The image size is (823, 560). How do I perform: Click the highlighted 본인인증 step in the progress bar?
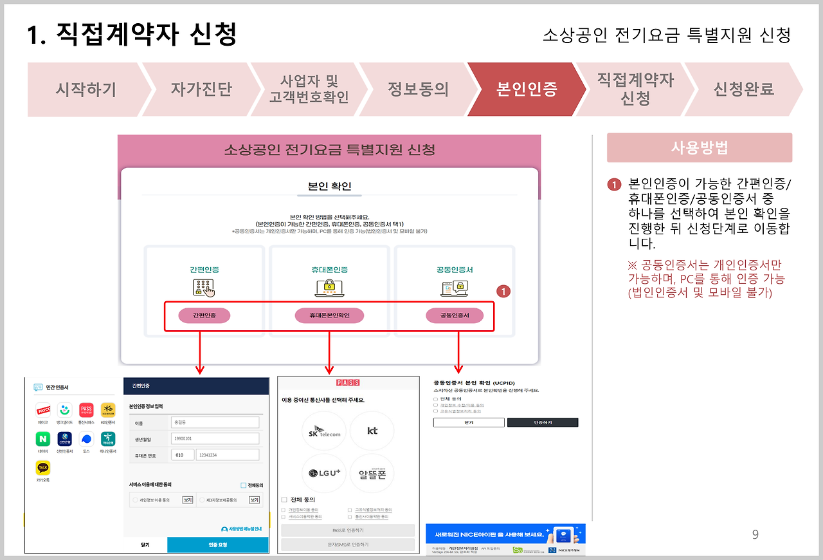(526, 89)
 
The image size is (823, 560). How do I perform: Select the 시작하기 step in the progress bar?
(86, 89)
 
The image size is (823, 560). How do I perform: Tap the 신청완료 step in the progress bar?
(744, 89)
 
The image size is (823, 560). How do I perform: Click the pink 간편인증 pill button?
(203, 315)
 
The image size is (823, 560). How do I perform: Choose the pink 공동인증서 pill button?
(455, 315)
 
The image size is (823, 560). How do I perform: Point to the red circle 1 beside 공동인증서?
(504, 292)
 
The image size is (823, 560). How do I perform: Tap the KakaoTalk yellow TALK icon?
(43, 468)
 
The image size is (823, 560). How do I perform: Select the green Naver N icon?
(43, 439)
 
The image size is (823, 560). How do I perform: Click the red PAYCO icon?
(43, 410)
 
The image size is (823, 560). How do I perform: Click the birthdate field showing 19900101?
(215, 438)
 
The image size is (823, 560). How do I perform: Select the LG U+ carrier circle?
(324, 473)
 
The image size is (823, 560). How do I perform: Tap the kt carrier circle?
(372, 431)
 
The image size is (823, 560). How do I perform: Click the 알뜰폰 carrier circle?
(372, 473)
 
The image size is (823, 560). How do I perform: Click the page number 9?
(755, 534)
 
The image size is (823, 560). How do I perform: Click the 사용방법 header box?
(700, 148)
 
